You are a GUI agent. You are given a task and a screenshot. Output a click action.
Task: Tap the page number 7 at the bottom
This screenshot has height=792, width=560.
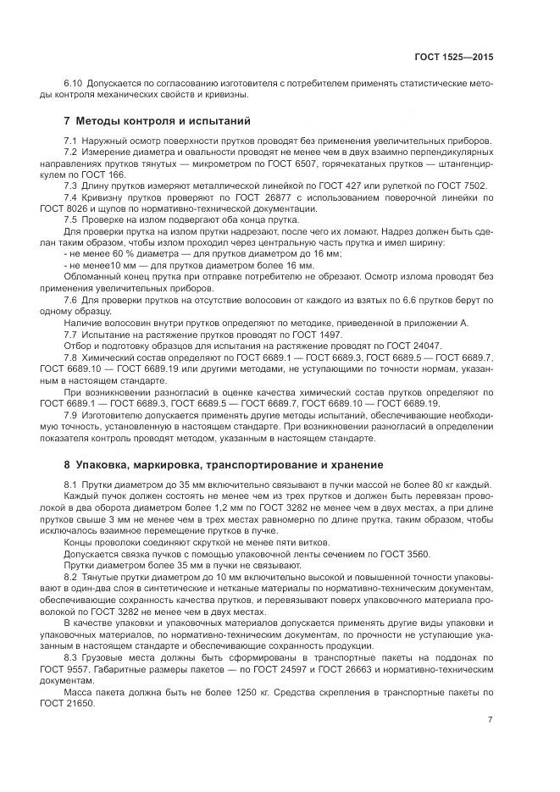pyautogui.click(x=490, y=720)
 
